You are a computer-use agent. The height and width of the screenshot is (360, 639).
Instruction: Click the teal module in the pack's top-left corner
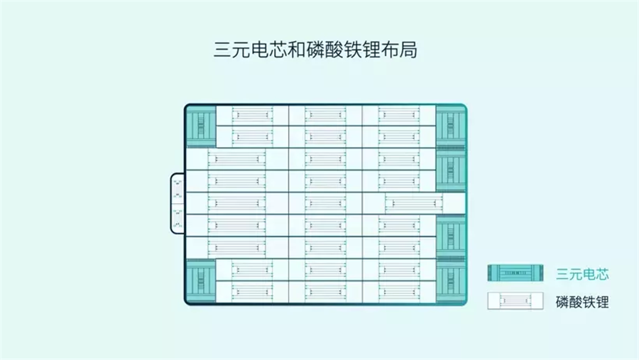[202, 126]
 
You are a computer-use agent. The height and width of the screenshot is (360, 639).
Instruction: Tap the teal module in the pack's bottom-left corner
[202, 281]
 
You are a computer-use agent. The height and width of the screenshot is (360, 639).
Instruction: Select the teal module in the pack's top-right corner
[451, 126]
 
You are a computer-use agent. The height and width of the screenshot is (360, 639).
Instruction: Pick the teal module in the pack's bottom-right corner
[451, 281]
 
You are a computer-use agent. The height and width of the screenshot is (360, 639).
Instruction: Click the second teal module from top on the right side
[451, 170]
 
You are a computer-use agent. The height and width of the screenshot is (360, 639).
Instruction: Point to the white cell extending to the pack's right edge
[414, 203]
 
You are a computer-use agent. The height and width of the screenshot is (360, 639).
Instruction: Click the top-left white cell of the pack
[252, 115]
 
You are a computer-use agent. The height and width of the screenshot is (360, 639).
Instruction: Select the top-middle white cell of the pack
[325, 115]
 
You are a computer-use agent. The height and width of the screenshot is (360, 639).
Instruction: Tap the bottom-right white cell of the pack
[399, 292]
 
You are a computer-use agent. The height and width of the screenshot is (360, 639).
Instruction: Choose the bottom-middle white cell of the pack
[325, 292]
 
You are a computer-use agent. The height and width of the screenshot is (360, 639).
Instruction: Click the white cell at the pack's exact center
[325, 203]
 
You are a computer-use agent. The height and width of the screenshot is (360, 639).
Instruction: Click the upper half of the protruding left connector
[177, 189]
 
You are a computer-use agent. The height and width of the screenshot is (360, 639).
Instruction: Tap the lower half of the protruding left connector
[177, 218]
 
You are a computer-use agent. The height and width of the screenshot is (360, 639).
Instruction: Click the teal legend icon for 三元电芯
[515, 273]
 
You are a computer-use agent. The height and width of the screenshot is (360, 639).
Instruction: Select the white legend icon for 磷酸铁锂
[515, 301]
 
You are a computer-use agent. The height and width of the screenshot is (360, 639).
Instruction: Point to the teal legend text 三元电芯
[582, 274]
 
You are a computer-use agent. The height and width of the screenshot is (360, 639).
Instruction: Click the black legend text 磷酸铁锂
[582, 302]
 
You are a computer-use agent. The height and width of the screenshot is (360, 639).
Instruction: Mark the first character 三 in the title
[223, 50]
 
